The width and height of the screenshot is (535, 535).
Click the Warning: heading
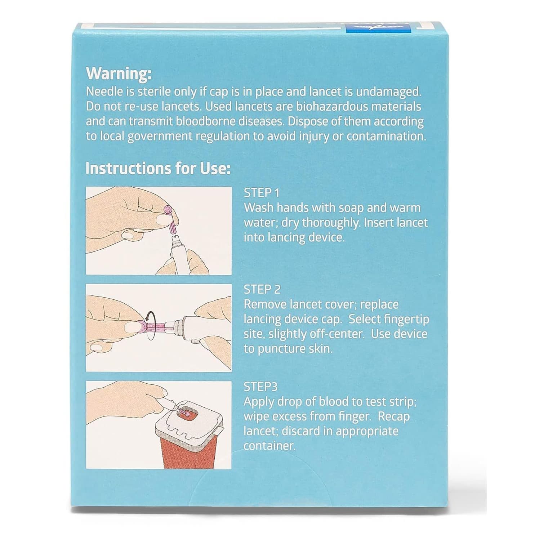[x=119, y=74]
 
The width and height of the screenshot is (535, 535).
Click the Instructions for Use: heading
[x=158, y=169]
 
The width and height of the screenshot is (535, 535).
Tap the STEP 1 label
[x=262, y=193]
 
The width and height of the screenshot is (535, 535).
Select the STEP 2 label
[x=262, y=290]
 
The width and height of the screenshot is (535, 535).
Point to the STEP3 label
[x=260, y=387]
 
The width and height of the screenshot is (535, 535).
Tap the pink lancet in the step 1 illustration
[x=170, y=220]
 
